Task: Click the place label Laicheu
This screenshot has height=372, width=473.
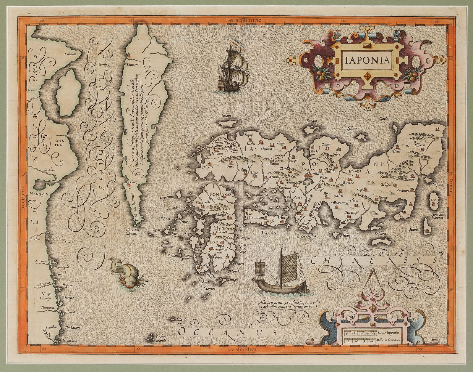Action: pos(70,54)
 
